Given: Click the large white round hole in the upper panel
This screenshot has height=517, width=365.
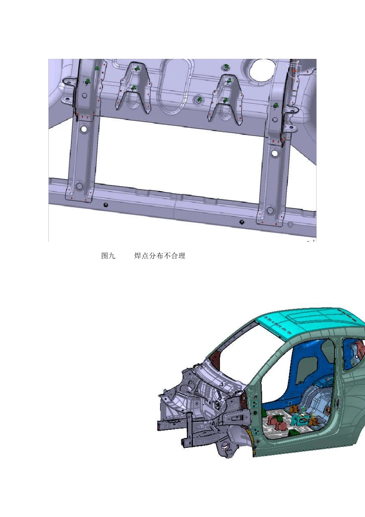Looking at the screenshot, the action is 262,69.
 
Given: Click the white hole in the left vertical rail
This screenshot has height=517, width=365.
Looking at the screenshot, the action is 84,129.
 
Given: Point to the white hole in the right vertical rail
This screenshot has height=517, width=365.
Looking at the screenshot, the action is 274,153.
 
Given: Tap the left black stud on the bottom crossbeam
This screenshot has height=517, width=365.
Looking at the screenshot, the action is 106,205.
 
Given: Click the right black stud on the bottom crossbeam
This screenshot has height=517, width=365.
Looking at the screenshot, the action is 242,222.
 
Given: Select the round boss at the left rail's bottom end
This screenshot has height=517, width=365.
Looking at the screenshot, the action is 79,185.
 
